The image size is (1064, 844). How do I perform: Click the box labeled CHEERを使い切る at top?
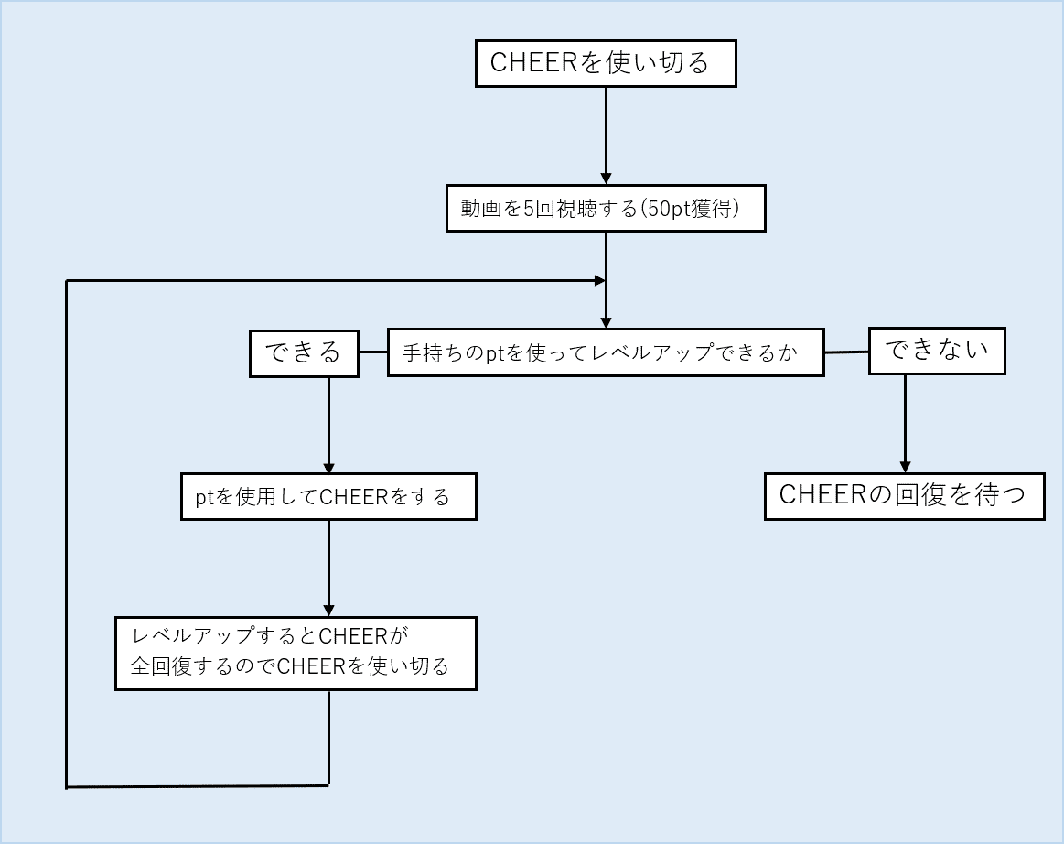606,63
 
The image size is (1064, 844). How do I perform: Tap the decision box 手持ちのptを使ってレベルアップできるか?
606,352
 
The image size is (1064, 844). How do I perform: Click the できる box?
304,352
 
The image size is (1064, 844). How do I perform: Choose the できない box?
936,351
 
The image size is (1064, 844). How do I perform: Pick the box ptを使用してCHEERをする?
328,496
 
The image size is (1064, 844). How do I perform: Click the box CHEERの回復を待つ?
904,495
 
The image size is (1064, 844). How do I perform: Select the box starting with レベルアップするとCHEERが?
296,653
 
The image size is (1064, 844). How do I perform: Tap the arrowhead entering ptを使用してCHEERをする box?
328,466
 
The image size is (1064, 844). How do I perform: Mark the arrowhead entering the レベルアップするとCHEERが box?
328,610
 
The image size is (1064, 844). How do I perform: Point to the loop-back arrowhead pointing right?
599,280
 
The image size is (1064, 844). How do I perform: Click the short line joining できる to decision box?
372,352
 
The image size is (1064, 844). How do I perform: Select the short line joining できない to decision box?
846,352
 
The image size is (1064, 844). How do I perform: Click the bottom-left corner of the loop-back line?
67,785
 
